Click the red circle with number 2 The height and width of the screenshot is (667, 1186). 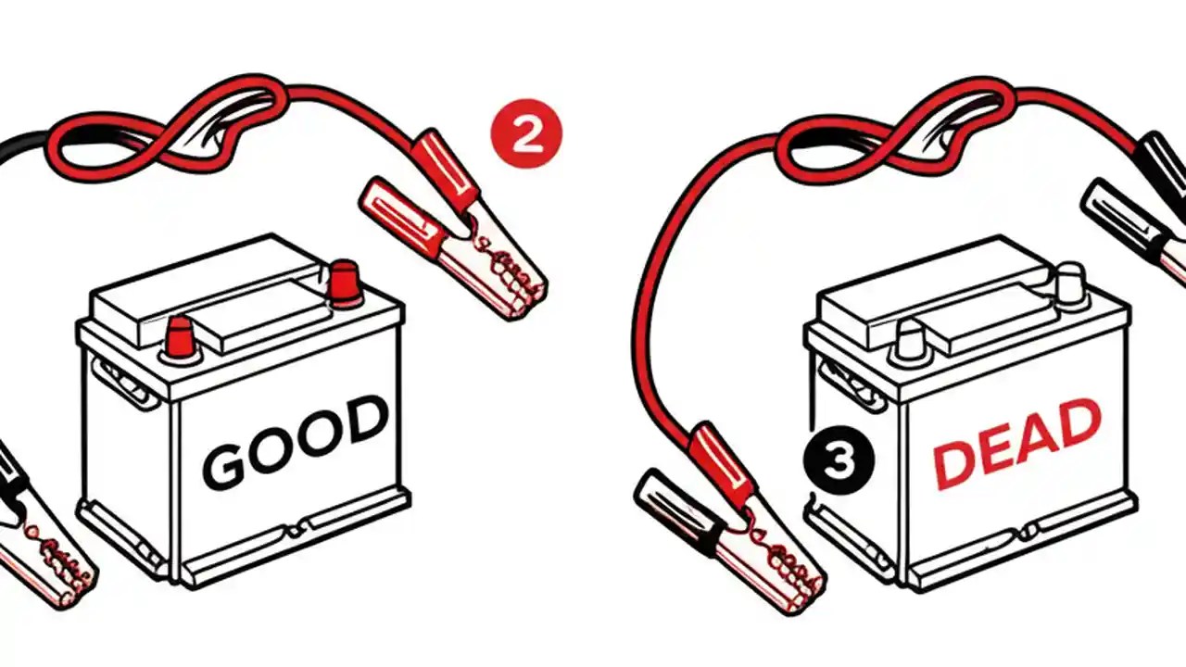pyautogui.click(x=526, y=136)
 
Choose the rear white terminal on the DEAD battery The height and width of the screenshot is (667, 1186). pyautogui.click(x=1070, y=282)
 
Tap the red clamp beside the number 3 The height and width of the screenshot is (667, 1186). pyautogui.click(x=732, y=514)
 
